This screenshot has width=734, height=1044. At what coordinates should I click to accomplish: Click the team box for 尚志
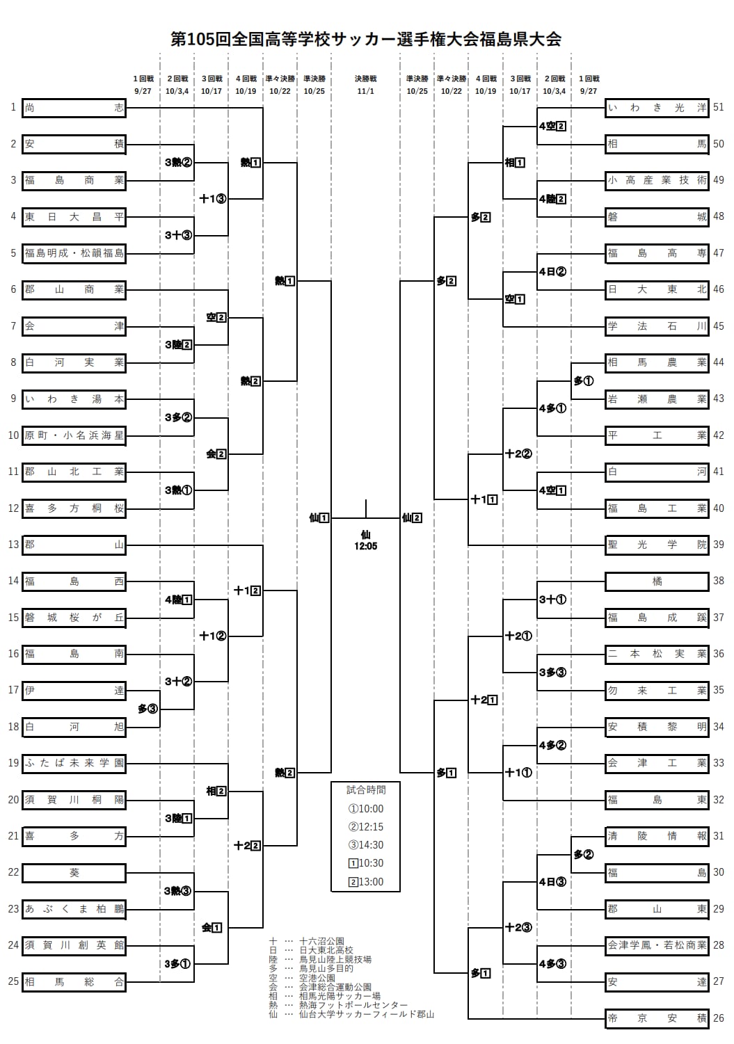point(74,108)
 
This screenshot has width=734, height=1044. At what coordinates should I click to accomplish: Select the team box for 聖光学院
point(657,545)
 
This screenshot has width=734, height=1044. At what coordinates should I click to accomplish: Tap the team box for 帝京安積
point(657,1018)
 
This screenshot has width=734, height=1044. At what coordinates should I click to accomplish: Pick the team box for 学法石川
point(657,326)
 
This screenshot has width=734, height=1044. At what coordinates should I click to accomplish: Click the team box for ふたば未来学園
point(74,764)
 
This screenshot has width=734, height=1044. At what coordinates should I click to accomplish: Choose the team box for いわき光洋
point(657,108)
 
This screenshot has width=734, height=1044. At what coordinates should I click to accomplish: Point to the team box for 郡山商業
point(74,290)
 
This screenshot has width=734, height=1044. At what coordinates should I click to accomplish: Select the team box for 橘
point(657,581)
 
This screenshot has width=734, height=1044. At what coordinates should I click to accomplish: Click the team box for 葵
point(74,872)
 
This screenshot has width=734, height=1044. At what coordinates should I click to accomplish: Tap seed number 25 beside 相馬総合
point(13,981)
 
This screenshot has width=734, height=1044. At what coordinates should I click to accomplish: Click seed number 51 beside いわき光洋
point(719,107)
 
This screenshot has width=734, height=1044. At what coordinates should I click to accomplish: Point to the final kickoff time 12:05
point(365,546)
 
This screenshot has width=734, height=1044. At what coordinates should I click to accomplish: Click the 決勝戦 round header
point(365,79)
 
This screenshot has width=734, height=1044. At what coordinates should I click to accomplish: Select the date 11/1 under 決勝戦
point(365,91)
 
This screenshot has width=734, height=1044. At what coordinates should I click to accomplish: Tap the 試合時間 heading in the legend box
point(366,790)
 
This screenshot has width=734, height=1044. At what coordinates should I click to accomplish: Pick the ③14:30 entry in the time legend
point(366,845)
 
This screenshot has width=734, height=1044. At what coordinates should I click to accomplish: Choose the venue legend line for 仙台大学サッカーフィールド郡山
point(351,1014)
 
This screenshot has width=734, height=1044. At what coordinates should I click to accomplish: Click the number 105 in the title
point(201,39)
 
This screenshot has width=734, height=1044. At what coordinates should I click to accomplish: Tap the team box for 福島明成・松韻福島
point(74,254)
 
